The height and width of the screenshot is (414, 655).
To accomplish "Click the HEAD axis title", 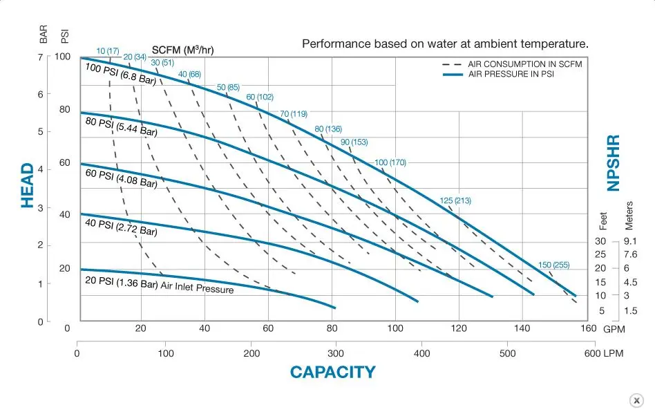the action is click(28, 185).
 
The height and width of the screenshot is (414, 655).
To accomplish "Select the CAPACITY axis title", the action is click(333, 372).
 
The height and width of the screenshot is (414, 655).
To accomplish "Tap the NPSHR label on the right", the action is click(614, 163).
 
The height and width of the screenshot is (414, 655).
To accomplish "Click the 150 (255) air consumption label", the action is click(553, 265).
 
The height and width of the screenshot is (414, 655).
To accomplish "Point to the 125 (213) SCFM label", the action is click(455, 200).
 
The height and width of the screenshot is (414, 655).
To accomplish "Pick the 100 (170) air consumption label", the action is click(390, 162).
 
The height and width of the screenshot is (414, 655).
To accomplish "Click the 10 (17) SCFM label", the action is click(108, 51).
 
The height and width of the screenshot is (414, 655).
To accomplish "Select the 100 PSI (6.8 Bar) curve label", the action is click(121, 74).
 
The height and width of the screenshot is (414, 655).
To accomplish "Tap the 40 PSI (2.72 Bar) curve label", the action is click(121, 227).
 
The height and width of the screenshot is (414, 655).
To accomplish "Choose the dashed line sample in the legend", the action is click(452, 64).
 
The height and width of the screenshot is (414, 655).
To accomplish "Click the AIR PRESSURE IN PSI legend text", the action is click(511, 74).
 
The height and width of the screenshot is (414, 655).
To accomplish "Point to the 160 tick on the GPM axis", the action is click(588, 328).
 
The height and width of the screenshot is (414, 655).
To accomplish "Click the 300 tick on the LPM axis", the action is click(335, 353).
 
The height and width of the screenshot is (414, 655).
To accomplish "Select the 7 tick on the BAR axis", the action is click(41, 57).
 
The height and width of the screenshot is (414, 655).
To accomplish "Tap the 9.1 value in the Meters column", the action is click(630, 241).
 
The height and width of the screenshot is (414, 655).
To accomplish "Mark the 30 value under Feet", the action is click(600, 241).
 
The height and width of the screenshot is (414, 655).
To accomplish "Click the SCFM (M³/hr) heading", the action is click(182, 50).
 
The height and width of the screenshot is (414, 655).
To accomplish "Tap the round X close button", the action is click(636, 400).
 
